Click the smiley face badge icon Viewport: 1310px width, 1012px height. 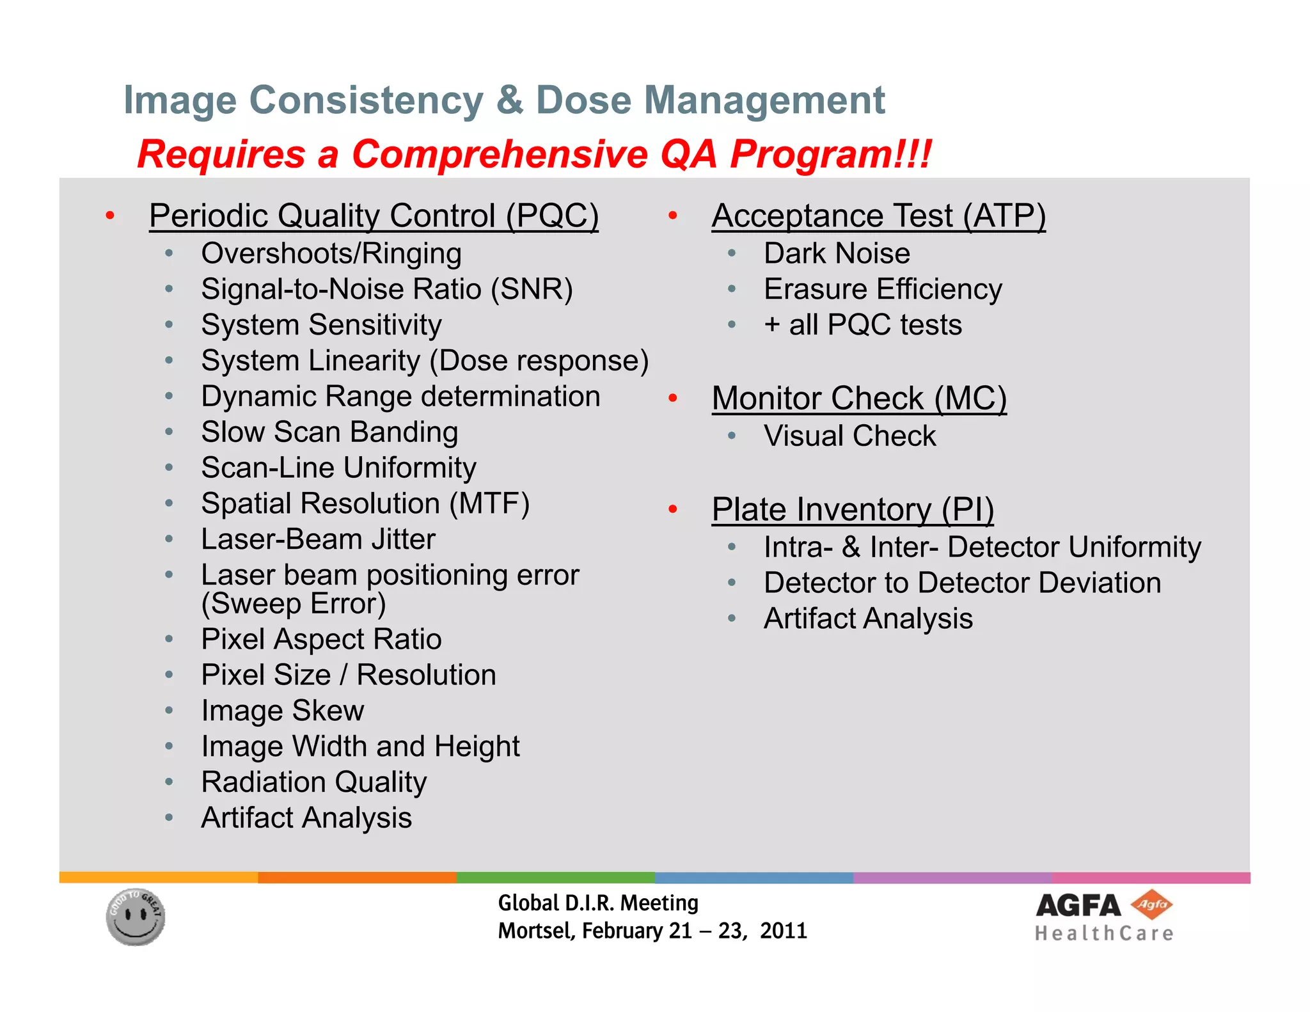pyautogui.click(x=136, y=917)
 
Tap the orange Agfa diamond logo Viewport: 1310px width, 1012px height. pyautogui.click(x=1151, y=905)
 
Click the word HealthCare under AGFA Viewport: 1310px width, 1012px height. pyautogui.click(x=1104, y=934)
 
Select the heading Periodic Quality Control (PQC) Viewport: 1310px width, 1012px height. pyautogui.click(x=374, y=216)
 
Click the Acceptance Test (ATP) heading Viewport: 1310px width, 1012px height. pyautogui.click(x=878, y=216)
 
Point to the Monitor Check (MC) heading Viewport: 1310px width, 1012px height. pyautogui.click(x=859, y=399)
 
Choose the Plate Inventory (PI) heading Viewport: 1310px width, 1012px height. pyautogui.click(x=853, y=510)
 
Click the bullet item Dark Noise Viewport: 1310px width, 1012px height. pyautogui.click(x=837, y=253)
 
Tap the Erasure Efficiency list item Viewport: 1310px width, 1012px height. pyautogui.click(x=883, y=289)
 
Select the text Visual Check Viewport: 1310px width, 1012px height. pyautogui.click(x=849, y=436)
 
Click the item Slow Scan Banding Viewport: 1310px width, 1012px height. pyautogui.click(x=329, y=432)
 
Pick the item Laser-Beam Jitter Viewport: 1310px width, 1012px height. pyautogui.click(x=318, y=539)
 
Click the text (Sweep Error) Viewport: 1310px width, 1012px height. pyautogui.click(x=294, y=604)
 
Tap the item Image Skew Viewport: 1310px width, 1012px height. pyautogui.click(x=282, y=711)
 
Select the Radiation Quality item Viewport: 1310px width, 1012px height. pyautogui.click(x=313, y=782)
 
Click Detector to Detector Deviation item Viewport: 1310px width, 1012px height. pyautogui.click(x=962, y=583)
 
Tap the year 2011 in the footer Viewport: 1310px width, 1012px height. pyautogui.click(x=783, y=931)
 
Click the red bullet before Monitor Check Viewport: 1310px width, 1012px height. pyautogui.click(x=672, y=399)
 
